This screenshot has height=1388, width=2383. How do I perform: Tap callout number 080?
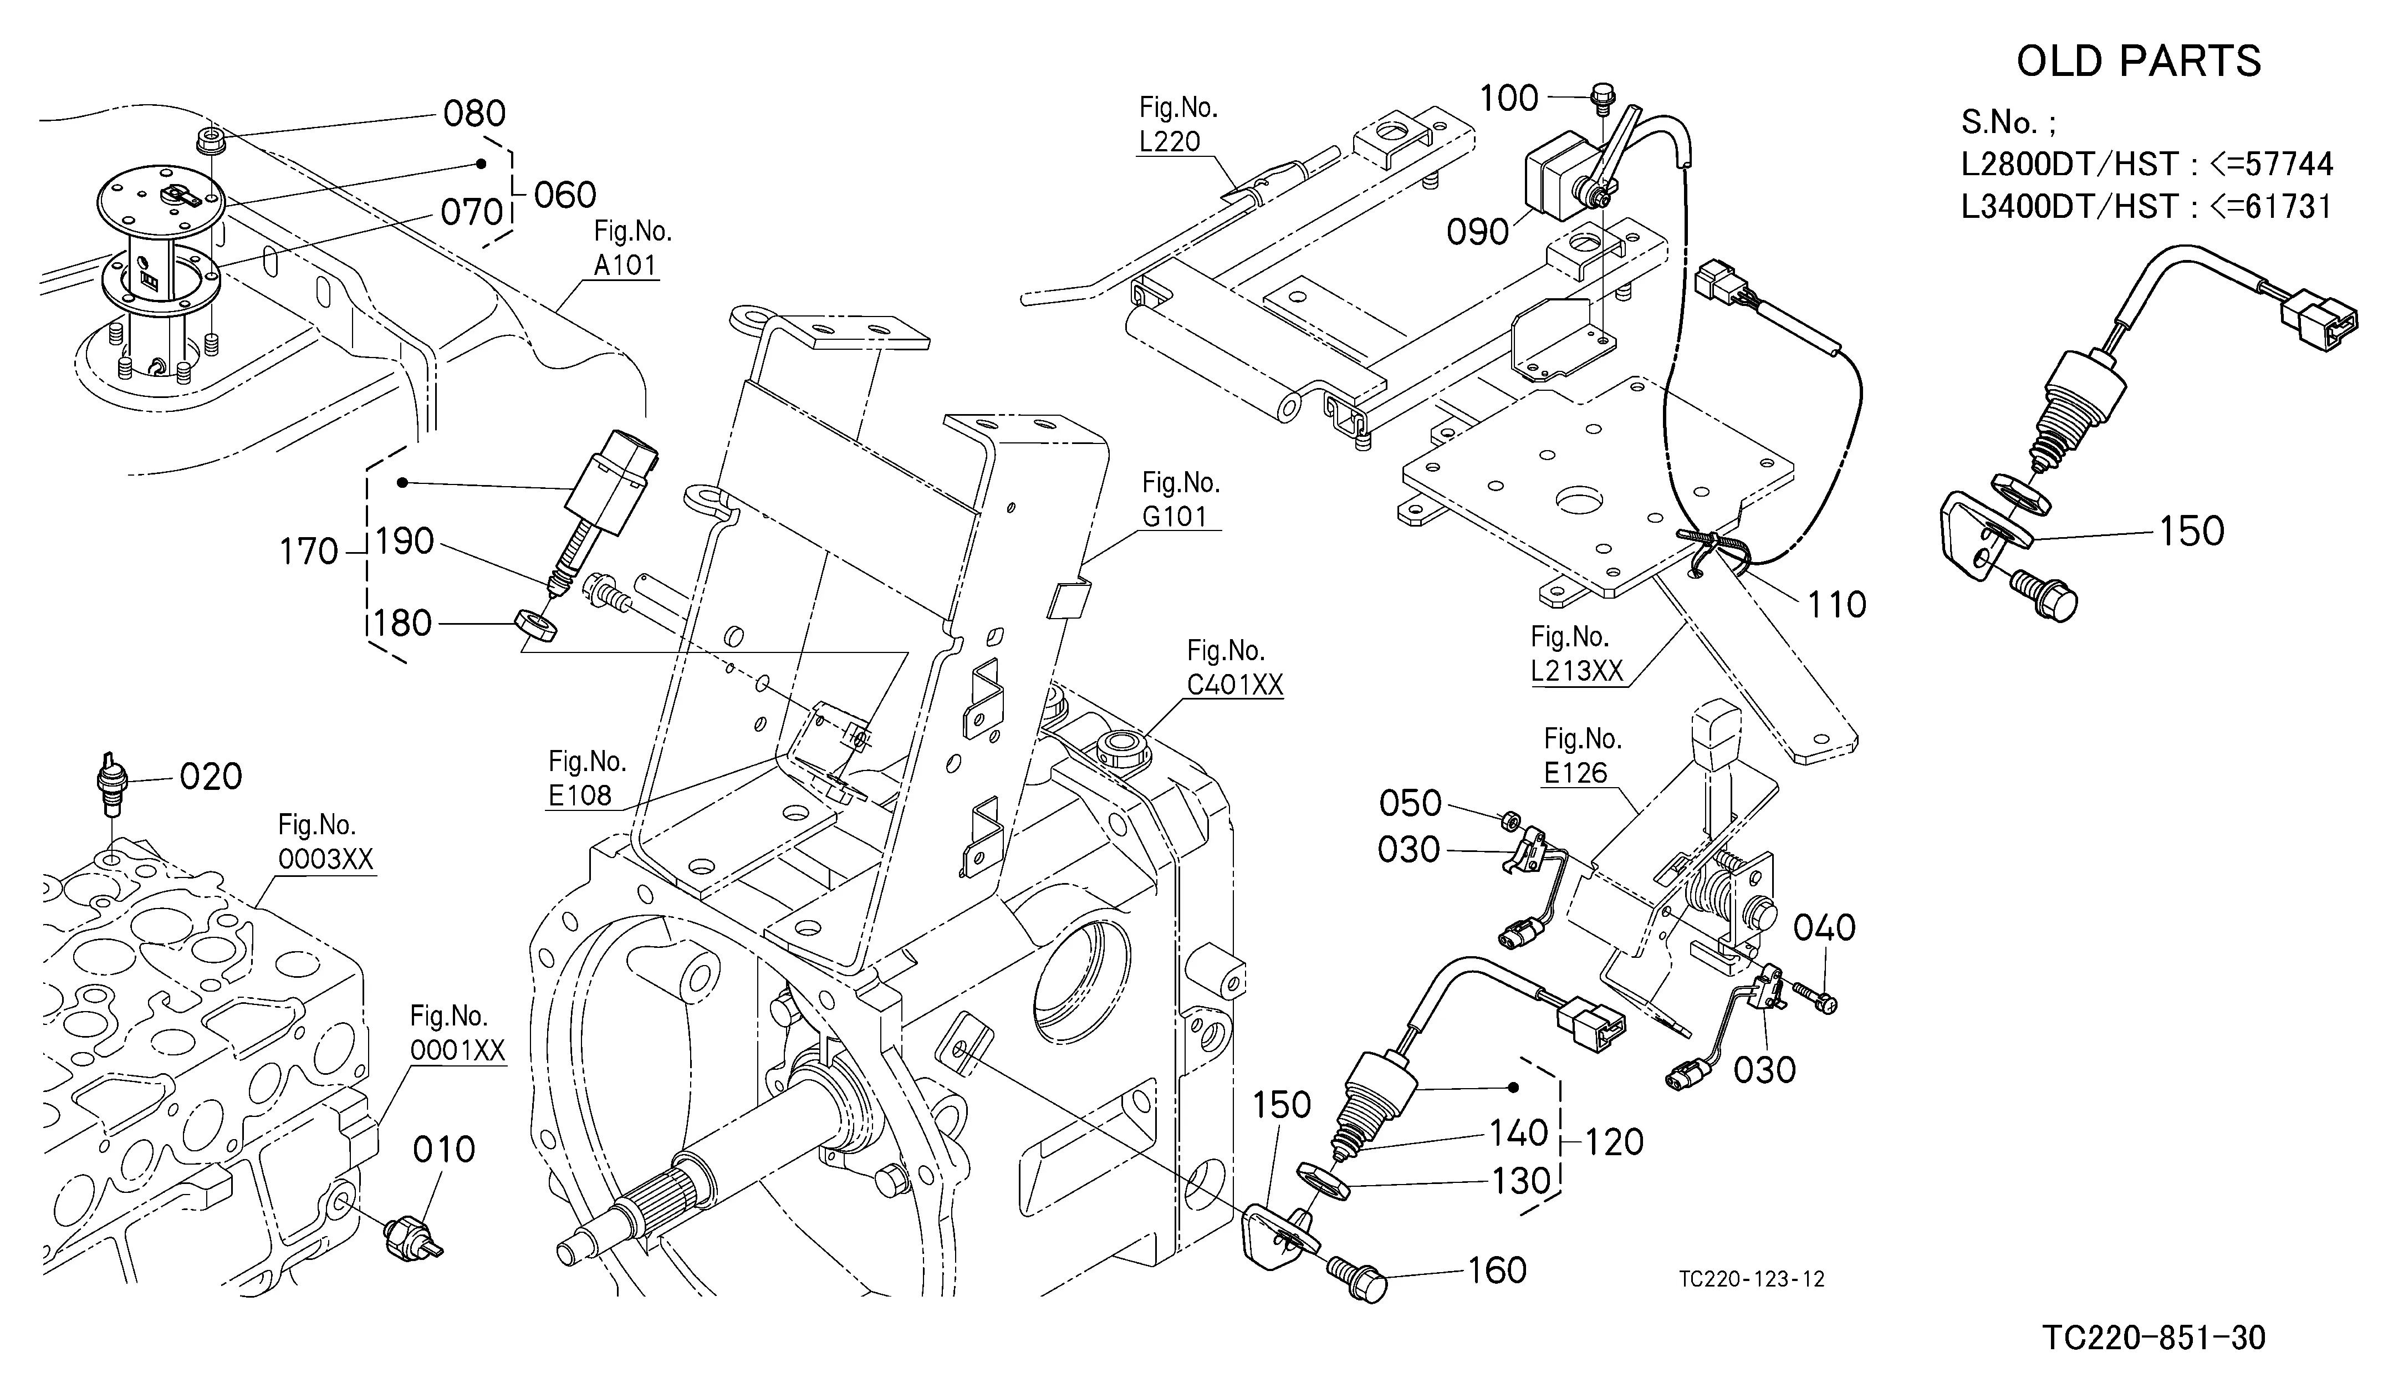click(474, 114)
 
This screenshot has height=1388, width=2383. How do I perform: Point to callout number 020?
click(211, 777)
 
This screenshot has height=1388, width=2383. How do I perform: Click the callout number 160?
click(1497, 1270)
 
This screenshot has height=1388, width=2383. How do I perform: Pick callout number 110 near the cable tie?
click(1836, 605)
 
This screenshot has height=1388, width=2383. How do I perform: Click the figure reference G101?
click(1175, 516)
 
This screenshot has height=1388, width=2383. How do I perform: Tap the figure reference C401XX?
click(1235, 685)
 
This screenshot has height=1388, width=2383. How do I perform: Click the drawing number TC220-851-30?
click(2154, 1338)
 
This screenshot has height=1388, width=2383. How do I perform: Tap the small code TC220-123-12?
click(1751, 1279)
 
